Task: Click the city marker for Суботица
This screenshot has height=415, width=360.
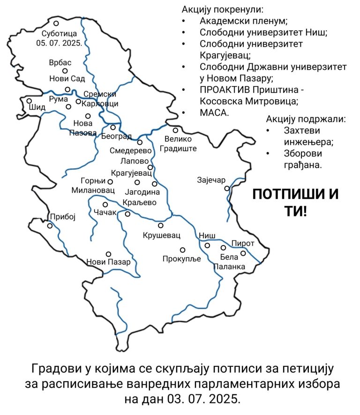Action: [x=56, y=23]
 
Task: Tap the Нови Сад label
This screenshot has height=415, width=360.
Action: [x=67, y=79]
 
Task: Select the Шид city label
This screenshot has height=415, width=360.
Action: [x=37, y=107]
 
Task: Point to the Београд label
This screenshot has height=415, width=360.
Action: [x=116, y=136]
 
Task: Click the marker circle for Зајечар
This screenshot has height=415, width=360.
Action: [x=227, y=188]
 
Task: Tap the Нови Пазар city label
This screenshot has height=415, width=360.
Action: [x=108, y=262]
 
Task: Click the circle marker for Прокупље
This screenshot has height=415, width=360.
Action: [x=183, y=250]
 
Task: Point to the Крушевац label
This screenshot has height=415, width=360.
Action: [x=161, y=235]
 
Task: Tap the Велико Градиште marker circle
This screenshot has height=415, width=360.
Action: [x=175, y=131]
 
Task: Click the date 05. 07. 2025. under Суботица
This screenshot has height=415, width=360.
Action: [x=59, y=43]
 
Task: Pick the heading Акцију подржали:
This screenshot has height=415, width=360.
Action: [x=306, y=119]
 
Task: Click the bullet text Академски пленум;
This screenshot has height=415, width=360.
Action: [x=243, y=21]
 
